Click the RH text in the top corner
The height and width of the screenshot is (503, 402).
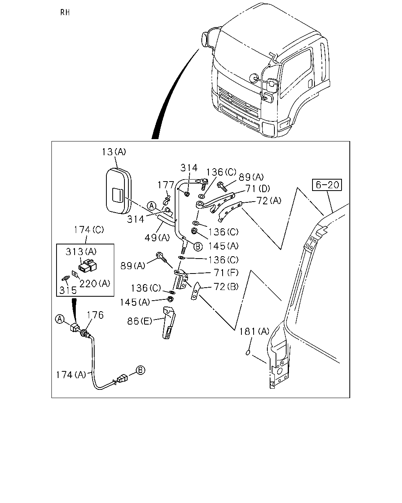tap(65, 12)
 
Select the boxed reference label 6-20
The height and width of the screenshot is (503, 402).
tap(327, 185)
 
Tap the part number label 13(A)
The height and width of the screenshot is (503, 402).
tap(114, 152)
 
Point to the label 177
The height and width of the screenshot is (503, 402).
tap(166, 185)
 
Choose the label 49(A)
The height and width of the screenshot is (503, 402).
tap(157, 238)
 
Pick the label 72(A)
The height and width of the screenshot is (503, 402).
tap(269, 200)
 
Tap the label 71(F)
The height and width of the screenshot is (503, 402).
tap(226, 273)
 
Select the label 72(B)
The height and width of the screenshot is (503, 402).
tap(226, 286)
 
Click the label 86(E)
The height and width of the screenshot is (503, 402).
tap(139, 321)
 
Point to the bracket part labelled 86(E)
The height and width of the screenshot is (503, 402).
tap(169, 323)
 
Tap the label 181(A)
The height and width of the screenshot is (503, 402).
tap(254, 331)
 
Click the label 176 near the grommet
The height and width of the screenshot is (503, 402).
tap(95, 315)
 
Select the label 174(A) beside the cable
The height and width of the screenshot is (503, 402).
tap(71, 374)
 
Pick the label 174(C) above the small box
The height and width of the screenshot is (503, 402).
tap(89, 230)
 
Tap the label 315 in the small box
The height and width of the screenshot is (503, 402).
tap(68, 290)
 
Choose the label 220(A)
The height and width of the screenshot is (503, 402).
tap(95, 283)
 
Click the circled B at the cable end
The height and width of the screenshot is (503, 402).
tap(141, 370)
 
